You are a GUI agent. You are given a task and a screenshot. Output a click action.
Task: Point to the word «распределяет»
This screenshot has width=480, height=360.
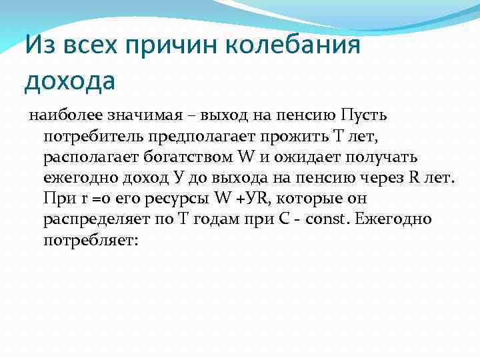tap(95, 219)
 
